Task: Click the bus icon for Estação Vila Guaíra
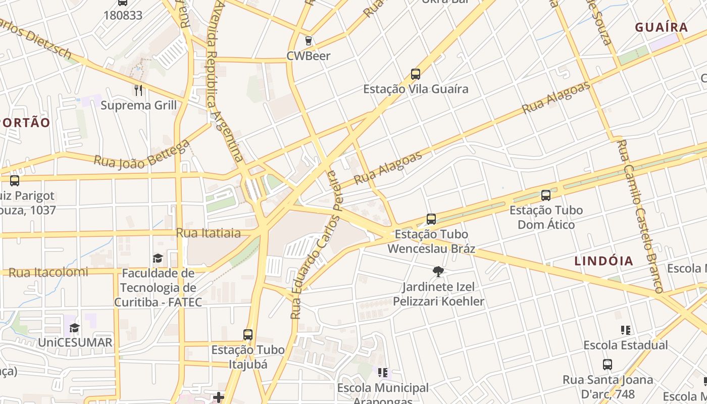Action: pos(416,74)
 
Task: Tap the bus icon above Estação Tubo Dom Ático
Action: pos(546,195)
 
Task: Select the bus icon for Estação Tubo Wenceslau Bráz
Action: pos(431,219)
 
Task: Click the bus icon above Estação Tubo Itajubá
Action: pos(247,335)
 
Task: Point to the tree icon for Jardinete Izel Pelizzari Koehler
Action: pos(438,272)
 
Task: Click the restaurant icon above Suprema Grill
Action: pos(138,90)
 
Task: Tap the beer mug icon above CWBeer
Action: pos(308,41)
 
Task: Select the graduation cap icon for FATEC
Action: pos(158,258)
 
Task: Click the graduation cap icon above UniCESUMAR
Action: pos(75,328)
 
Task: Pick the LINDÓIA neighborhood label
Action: pos(603,261)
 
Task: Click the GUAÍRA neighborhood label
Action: pos(661,27)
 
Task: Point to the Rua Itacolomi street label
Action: pos(48,272)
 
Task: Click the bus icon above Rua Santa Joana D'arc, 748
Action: pos(608,365)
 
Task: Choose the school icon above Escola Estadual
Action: pos(625,330)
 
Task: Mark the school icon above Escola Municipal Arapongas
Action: pos(383,373)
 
